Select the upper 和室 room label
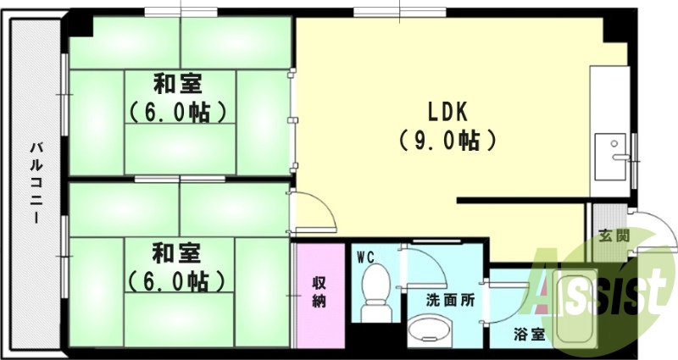click(x=177, y=86)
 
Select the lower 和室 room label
click(x=177, y=253)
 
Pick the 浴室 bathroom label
click(x=529, y=334)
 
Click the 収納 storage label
click(x=319, y=291)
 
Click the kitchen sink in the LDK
click(x=610, y=156)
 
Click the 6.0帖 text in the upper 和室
click(x=177, y=113)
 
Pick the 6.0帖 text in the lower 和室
click(x=177, y=280)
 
